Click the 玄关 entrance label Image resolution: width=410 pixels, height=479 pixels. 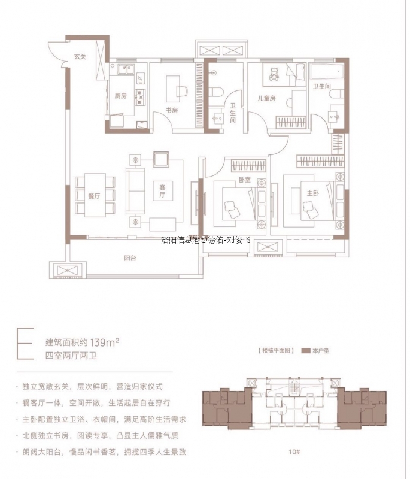click(81, 57)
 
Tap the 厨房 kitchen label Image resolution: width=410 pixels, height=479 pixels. click(120, 96)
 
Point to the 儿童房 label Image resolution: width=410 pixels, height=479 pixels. click(265, 98)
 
